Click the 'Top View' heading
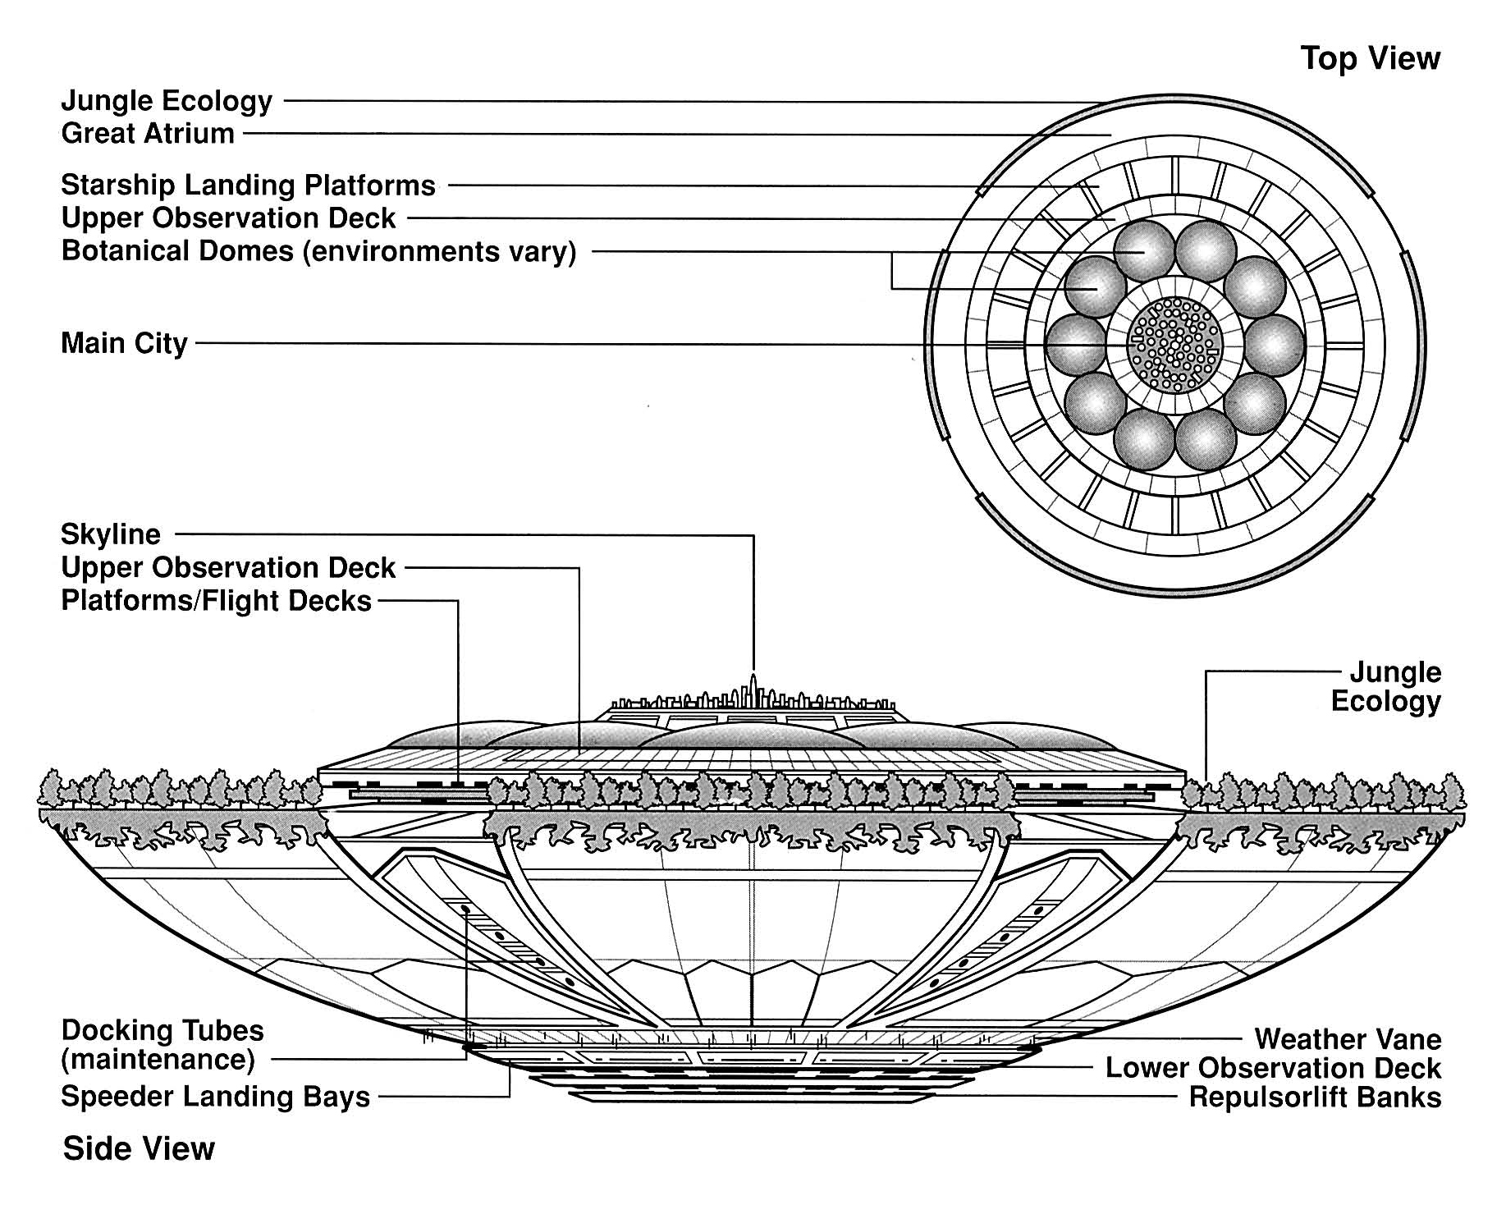1370,58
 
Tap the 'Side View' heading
138,1148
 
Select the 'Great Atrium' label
148,133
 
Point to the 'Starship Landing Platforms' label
248,185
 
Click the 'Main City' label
124,342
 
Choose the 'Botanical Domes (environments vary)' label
318,250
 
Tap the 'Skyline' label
111,534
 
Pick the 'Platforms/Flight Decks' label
217,601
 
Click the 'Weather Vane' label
1348,1039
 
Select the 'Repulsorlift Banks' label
1315,1097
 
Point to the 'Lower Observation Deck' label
1273,1068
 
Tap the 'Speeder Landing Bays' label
215,1097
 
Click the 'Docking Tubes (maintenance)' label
162,1045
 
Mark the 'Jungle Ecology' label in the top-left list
167,101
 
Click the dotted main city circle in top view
1175,344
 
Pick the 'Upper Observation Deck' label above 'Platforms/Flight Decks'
228,567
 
